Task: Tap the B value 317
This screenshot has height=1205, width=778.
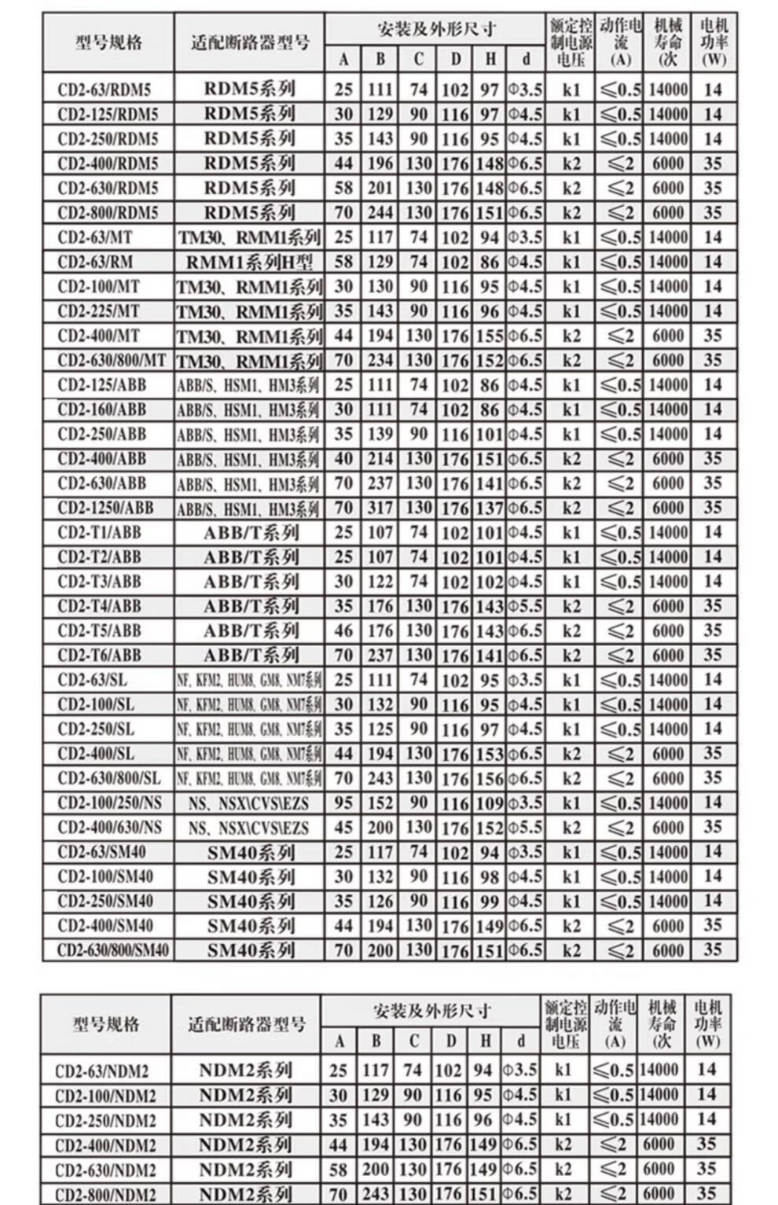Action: pos(380,509)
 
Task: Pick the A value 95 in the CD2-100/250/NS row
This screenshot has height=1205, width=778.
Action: pos(343,803)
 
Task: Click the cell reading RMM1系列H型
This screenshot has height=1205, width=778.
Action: pos(249,262)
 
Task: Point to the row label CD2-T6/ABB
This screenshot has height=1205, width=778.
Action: pos(99,656)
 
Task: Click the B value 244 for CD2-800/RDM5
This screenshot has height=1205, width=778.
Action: pos(380,213)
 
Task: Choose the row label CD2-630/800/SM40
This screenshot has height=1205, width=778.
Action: pos(112,950)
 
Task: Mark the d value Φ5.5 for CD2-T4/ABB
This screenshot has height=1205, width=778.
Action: pos(525,607)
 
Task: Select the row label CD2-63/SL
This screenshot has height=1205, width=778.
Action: pos(92,680)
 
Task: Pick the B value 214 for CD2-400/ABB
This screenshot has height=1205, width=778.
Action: pos(380,459)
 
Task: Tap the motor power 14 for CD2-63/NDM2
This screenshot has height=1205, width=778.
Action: pos(706,1069)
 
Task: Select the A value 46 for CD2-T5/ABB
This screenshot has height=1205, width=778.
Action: pos(343,631)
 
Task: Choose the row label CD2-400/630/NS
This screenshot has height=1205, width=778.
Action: pos(109,828)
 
